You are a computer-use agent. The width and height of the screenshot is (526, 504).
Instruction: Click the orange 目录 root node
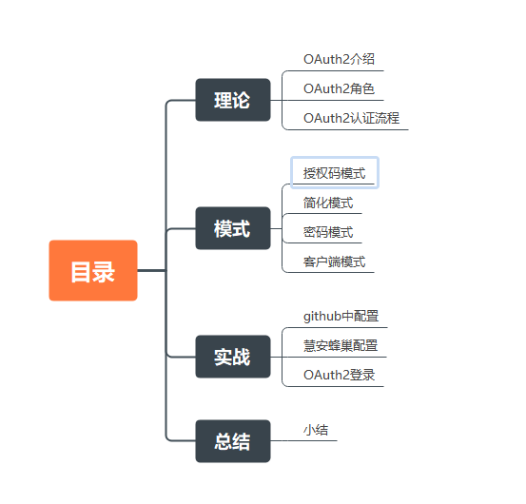click(x=93, y=270)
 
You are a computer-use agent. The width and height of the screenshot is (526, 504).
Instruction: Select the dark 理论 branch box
click(x=233, y=100)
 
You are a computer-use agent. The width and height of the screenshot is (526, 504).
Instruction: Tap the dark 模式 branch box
click(x=233, y=228)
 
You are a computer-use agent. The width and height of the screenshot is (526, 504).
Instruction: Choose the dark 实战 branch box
click(x=233, y=357)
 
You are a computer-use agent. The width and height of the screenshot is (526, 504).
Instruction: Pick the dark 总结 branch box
click(x=233, y=441)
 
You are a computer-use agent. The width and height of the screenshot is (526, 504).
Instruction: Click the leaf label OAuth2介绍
click(x=339, y=59)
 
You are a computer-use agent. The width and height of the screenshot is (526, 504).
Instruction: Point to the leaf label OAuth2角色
click(x=339, y=88)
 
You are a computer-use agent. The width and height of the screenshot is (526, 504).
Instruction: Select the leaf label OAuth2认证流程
click(x=351, y=118)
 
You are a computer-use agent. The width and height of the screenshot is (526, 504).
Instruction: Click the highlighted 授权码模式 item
click(x=335, y=173)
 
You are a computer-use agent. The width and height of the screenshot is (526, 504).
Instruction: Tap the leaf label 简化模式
click(x=328, y=203)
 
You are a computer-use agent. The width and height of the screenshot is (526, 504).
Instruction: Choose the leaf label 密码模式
click(x=328, y=232)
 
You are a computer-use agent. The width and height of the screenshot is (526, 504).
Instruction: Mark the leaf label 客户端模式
click(x=334, y=262)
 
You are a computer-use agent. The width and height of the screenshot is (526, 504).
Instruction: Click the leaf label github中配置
click(x=341, y=317)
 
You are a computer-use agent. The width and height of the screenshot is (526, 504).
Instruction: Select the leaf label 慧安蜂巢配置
click(x=341, y=346)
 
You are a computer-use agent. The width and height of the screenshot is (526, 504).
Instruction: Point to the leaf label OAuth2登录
click(x=339, y=376)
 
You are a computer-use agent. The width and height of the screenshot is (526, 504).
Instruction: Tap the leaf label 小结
click(x=316, y=430)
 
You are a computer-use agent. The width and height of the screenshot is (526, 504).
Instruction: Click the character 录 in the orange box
click(x=104, y=272)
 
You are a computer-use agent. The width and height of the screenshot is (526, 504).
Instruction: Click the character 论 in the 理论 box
click(x=242, y=100)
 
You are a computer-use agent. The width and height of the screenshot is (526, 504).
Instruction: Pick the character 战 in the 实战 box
click(x=242, y=357)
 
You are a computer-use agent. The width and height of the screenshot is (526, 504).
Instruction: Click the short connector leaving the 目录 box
click(x=151, y=270)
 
